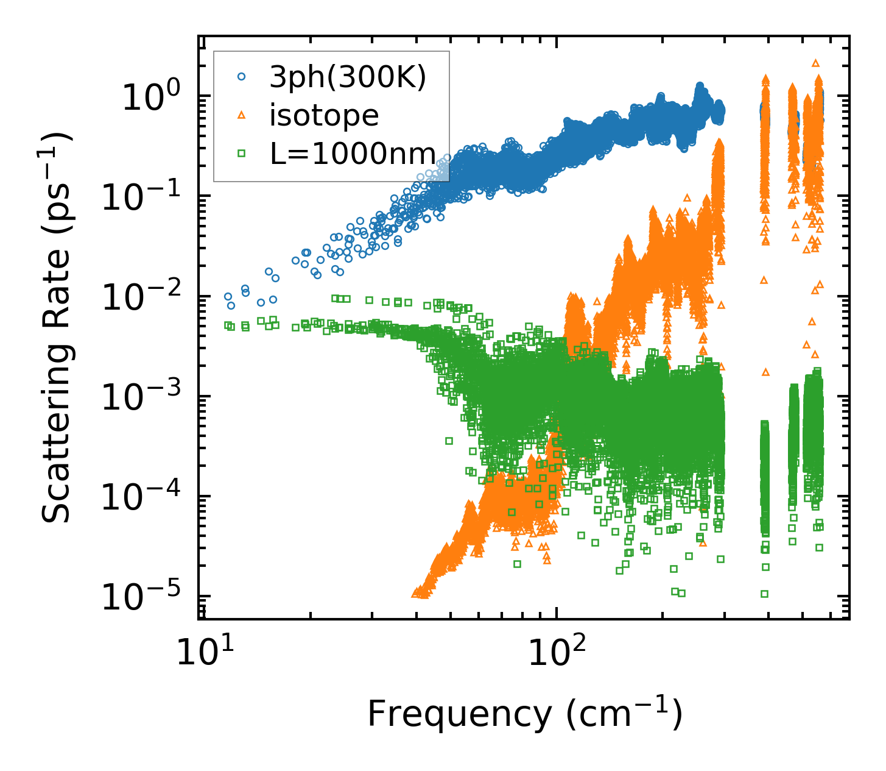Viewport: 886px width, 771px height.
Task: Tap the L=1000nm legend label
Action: [353, 154]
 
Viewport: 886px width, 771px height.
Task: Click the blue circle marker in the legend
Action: [241, 77]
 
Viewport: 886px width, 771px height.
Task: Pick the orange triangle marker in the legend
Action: [241, 115]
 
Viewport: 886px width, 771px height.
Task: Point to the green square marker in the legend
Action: [241, 154]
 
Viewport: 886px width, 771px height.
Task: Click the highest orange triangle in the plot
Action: [816, 62]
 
